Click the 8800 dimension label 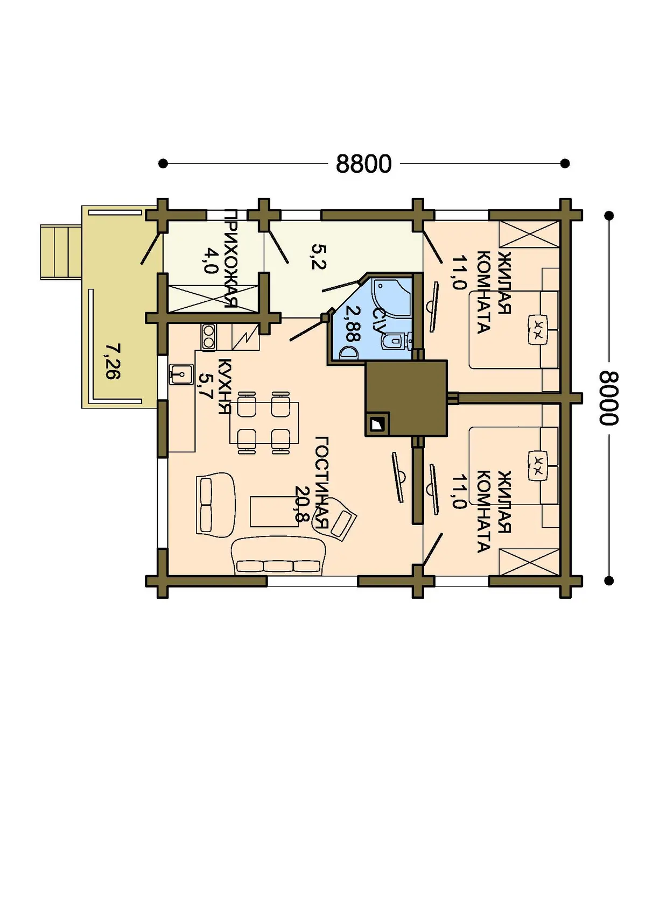363,164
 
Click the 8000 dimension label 609,398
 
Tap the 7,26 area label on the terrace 113,362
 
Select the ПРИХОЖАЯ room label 231,259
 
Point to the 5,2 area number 319,257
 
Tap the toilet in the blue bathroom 393,341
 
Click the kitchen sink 181,374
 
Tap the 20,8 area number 302,504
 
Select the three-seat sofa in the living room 278,556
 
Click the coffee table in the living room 275,511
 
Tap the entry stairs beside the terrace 61,252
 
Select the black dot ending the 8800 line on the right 565,164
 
